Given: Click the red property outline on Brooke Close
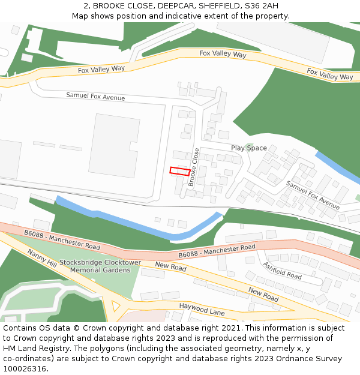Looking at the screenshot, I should [x=179, y=171].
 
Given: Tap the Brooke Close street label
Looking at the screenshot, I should [x=194, y=167].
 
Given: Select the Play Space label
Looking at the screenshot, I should [x=249, y=148].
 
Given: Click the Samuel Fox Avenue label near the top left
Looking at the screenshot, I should [x=95, y=96].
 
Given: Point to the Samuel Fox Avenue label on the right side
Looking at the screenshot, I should [x=313, y=191].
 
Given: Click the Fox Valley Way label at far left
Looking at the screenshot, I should [x=101, y=70].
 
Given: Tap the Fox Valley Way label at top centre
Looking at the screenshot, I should [x=223, y=54].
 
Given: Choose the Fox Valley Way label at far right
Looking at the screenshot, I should [x=330, y=74].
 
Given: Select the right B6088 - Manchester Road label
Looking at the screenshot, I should [x=217, y=250].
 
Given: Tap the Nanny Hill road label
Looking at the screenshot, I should [x=42, y=259].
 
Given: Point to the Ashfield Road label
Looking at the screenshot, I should [x=282, y=271].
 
